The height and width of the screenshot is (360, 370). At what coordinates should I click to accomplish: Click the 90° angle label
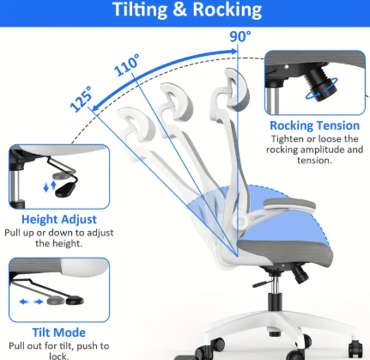click(240, 37)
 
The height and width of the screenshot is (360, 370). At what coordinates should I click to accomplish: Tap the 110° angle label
click(127, 64)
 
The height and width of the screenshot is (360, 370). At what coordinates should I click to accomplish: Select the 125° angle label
click(82, 99)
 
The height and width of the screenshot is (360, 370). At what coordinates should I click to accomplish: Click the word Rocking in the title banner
click(227, 9)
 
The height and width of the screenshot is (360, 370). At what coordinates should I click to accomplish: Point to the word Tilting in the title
click(140, 10)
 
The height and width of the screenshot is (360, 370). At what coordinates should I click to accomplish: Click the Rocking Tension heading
click(314, 125)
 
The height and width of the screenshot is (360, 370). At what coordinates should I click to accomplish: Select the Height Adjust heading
click(59, 219)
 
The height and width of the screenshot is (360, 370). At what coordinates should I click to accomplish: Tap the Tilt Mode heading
click(59, 333)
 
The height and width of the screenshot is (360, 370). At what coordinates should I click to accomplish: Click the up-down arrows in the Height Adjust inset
click(50, 186)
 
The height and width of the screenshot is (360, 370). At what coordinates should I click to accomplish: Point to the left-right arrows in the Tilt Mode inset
click(31, 302)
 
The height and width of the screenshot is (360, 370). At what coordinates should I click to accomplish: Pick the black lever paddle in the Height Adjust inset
click(65, 190)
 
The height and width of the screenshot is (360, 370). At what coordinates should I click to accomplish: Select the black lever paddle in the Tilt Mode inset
click(75, 301)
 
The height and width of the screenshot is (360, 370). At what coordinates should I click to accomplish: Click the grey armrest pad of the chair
click(289, 204)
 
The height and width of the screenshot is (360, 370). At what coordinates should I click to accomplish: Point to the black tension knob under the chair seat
click(300, 274)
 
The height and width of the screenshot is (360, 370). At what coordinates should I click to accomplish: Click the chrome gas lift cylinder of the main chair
click(275, 285)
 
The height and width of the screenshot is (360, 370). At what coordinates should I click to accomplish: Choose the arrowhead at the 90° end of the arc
click(234, 52)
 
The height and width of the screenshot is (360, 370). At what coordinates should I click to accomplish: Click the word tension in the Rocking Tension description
click(314, 160)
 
